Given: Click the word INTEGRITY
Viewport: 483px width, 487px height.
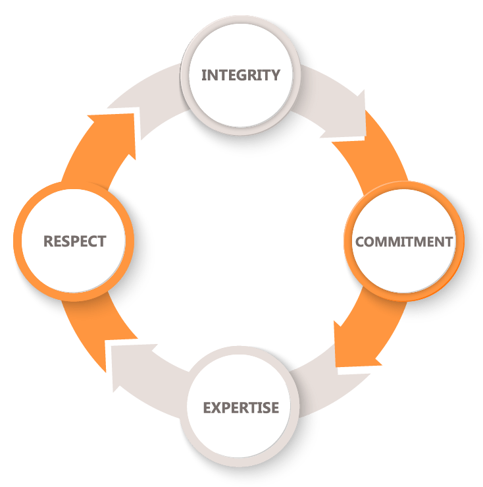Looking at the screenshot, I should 240,74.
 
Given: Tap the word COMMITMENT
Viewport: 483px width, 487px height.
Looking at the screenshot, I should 403,241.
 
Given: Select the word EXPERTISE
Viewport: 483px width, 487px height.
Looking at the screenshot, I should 240,407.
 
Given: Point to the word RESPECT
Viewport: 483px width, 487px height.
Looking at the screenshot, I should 74,241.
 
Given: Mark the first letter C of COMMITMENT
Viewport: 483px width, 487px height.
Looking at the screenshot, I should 361,241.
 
